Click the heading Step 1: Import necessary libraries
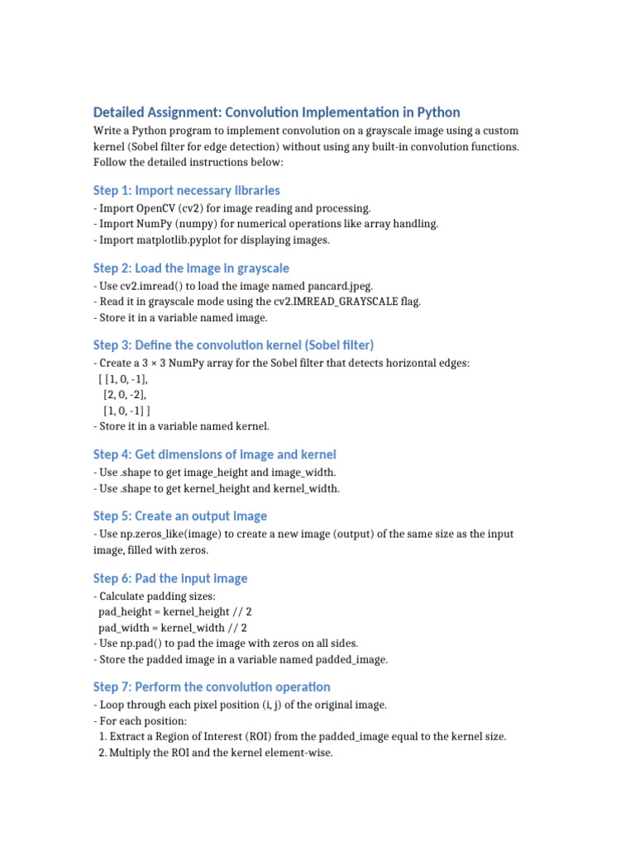[x=186, y=191]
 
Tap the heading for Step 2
[x=191, y=269]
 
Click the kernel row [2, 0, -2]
[x=126, y=395]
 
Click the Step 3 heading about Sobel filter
[x=233, y=345]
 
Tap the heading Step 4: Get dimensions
[x=214, y=454]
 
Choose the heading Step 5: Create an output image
[x=179, y=516]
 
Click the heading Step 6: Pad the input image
[x=170, y=578]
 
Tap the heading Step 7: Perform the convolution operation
[x=212, y=687]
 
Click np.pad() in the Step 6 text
[x=143, y=644]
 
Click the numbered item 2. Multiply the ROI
[x=215, y=753]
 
